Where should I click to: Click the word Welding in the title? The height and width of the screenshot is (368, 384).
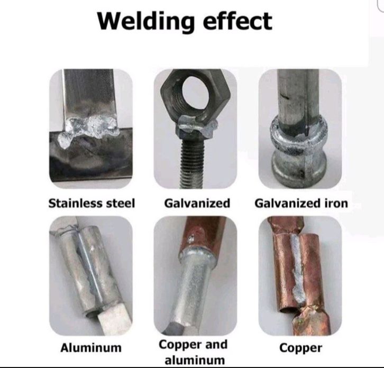[x=145, y=21]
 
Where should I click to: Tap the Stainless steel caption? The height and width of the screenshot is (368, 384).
[x=92, y=203]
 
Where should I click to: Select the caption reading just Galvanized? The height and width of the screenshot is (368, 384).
[x=197, y=203]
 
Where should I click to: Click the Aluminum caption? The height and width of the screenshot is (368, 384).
[x=91, y=348]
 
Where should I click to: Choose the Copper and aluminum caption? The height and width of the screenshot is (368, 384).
[x=194, y=352]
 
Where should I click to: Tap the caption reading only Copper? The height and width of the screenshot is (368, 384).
[x=300, y=348]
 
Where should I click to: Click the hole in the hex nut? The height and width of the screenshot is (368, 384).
[x=195, y=93]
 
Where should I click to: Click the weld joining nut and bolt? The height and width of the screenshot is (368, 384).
[x=198, y=126]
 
